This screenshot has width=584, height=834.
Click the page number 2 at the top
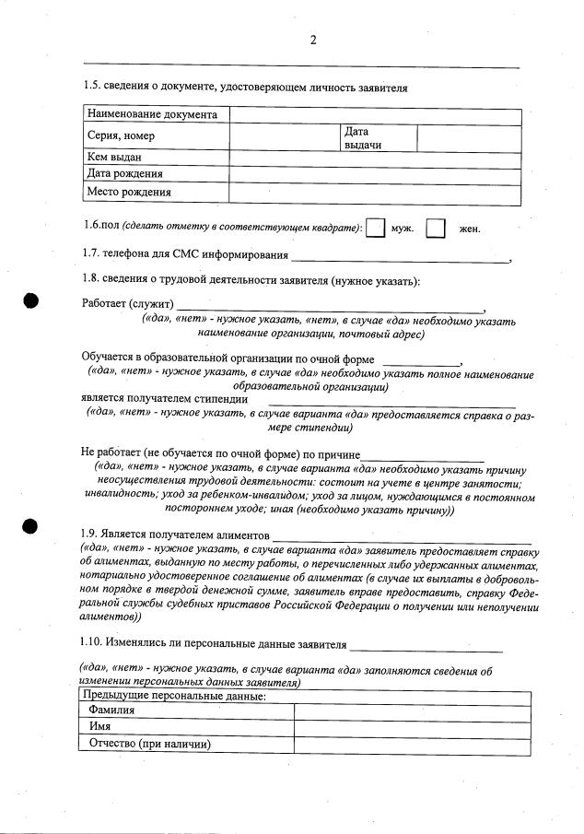[313, 39]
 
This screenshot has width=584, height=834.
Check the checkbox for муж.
[375, 229]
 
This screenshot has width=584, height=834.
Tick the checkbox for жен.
[437, 229]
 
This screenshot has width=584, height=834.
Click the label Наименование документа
[153, 115]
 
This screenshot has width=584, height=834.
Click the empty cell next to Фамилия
[412, 711]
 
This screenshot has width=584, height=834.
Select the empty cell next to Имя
[412, 727]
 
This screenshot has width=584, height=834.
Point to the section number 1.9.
[92, 534]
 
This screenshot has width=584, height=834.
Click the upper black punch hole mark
[30, 300]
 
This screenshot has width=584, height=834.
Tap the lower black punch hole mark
[30, 526]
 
